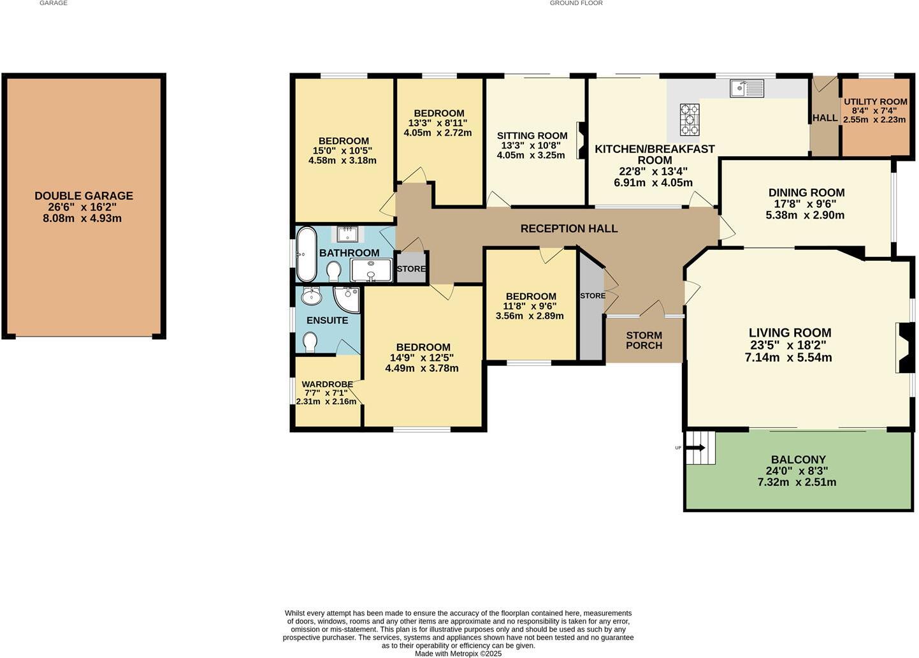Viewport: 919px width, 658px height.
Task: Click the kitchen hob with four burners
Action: pyautogui.click(x=690, y=119)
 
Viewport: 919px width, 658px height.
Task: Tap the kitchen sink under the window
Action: pyautogui.click(x=747, y=88)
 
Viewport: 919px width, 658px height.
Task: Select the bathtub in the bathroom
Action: pyautogui.click(x=307, y=254)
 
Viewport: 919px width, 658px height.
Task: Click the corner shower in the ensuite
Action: pyautogui.click(x=348, y=298)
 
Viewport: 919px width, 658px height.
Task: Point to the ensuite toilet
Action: pyautogui.click(x=310, y=342)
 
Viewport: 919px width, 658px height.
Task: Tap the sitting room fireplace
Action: pyautogui.click(x=580, y=140)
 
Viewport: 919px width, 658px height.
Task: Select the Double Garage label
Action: pyautogui.click(x=83, y=196)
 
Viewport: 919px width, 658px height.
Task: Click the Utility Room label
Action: pyautogui.click(x=875, y=102)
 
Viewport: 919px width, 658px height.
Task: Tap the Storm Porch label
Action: pyautogui.click(x=644, y=340)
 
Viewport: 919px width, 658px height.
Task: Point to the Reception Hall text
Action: pyautogui.click(x=568, y=228)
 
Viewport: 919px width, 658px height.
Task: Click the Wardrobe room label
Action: pyautogui.click(x=327, y=384)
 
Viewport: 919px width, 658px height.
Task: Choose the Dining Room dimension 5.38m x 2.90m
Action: pyautogui.click(x=806, y=216)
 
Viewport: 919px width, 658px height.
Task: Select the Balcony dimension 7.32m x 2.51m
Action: pyautogui.click(x=797, y=482)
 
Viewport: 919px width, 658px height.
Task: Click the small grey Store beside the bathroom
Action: pyautogui.click(x=411, y=268)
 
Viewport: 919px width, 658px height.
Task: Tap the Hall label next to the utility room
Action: pyautogui.click(x=825, y=118)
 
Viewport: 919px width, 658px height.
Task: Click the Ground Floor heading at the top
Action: pyautogui.click(x=576, y=3)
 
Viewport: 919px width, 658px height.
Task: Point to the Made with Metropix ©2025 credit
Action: pyautogui.click(x=458, y=654)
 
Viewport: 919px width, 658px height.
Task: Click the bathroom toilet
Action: pyautogui.click(x=333, y=273)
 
